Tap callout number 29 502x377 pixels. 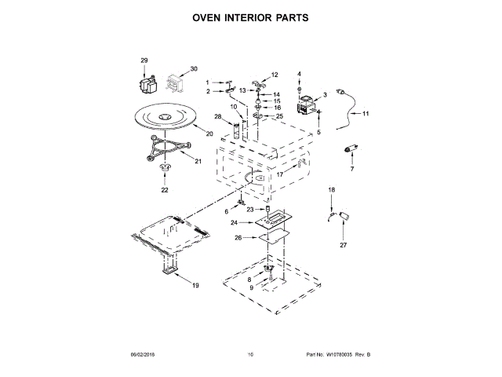(x=144, y=60)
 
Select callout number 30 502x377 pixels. (x=194, y=68)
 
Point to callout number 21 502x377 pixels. (x=198, y=161)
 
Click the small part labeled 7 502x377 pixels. (x=351, y=150)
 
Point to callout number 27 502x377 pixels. (x=343, y=245)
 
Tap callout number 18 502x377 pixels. (x=331, y=190)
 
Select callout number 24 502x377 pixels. (x=235, y=223)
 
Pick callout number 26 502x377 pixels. (x=238, y=238)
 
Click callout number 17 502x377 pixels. (x=279, y=175)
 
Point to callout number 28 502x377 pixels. (x=219, y=117)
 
